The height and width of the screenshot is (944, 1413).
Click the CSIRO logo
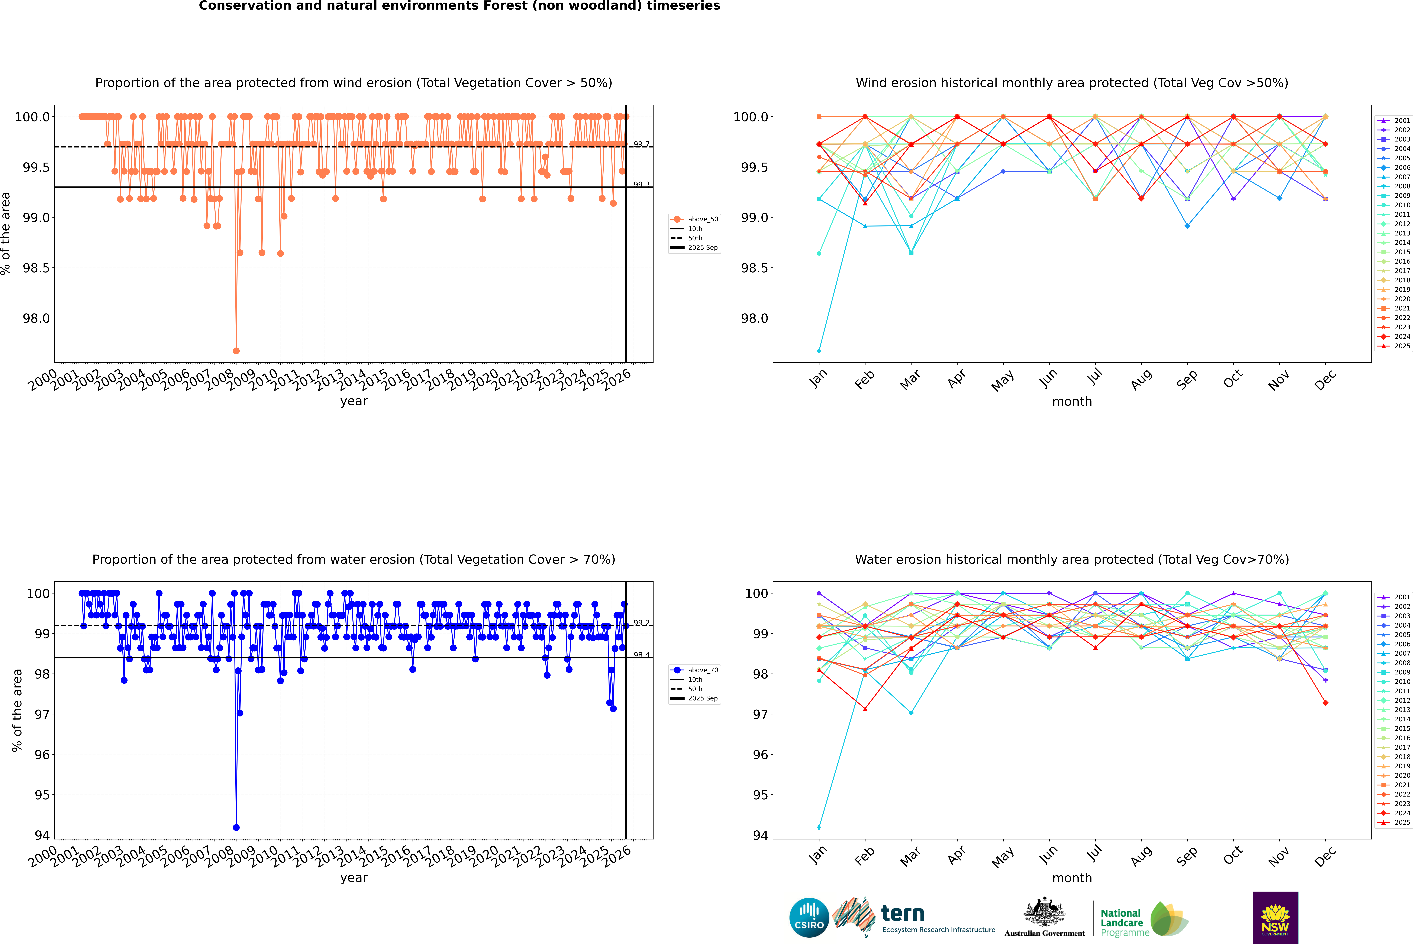809,918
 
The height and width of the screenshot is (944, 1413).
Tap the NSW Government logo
1275,918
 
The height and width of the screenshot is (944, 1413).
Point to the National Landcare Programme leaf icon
1168,919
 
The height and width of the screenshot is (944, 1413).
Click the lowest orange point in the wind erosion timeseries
236,350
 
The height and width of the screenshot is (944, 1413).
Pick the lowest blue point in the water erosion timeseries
236,827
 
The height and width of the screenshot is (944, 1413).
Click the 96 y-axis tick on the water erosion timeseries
42,754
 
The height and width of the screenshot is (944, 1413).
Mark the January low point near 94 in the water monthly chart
819,827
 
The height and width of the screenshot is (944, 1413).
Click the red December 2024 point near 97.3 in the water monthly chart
1325,703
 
